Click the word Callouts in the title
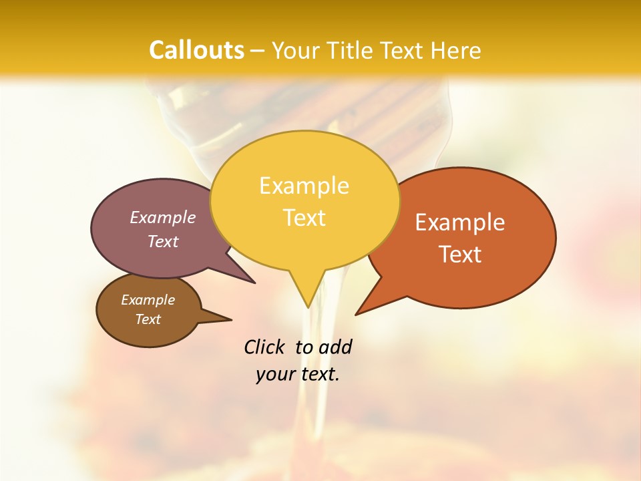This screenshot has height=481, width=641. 196,50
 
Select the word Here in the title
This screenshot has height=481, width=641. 456,50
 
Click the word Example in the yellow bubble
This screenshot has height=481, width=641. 304,186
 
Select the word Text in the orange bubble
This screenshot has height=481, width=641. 461,254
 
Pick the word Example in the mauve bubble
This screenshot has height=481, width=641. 163,217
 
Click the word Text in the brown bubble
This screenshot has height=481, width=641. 148,319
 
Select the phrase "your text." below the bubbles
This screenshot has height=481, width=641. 298,374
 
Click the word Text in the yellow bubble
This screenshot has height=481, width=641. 304,218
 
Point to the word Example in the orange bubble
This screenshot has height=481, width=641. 460,222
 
